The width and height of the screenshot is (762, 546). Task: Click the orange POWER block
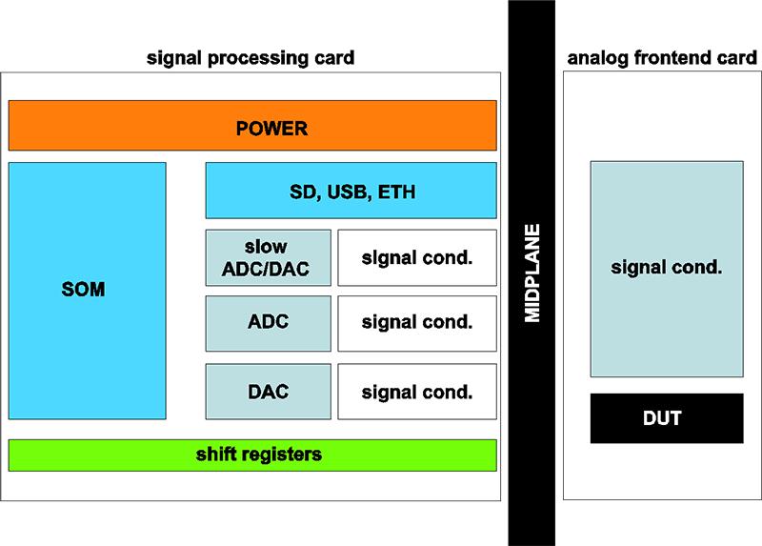click(252, 126)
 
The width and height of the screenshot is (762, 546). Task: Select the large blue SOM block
click(88, 291)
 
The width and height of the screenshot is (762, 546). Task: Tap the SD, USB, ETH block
click(351, 191)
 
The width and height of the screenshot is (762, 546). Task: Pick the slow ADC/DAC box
click(269, 257)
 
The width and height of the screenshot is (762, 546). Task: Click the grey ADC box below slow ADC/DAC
click(269, 323)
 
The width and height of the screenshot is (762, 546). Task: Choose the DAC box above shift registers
click(269, 392)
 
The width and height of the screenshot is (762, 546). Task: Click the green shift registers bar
click(252, 455)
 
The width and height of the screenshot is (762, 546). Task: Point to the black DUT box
click(667, 418)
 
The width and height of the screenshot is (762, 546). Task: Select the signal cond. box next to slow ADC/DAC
click(417, 257)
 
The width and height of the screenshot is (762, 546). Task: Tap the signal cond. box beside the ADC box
click(417, 323)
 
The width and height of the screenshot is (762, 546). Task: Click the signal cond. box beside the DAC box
click(417, 392)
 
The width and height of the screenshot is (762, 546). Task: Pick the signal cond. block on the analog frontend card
click(667, 269)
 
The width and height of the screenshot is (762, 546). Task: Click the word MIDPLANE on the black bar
click(532, 273)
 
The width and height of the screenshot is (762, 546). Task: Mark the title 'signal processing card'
click(251, 58)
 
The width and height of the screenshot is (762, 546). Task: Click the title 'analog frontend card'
click(662, 58)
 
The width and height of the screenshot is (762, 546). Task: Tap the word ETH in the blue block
click(396, 192)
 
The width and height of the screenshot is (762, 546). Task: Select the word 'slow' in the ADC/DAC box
click(266, 247)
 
